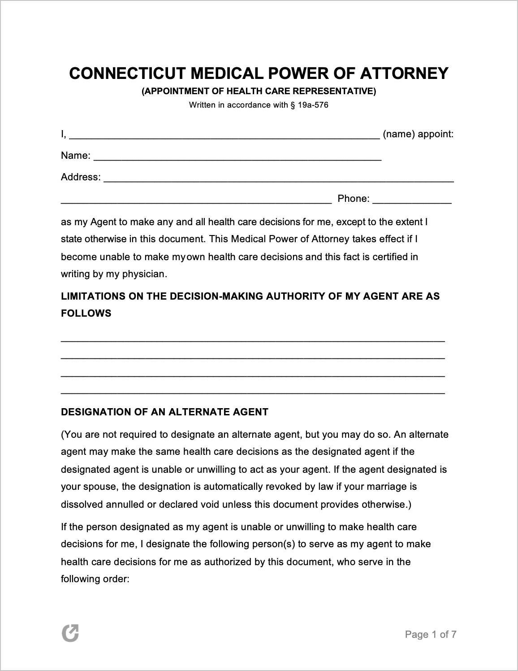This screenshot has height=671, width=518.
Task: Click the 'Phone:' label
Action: click(x=354, y=199)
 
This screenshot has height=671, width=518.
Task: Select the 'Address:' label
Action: click(x=81, y=177)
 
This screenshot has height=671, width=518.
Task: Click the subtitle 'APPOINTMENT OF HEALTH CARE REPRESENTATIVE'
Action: click(x=259, y=91)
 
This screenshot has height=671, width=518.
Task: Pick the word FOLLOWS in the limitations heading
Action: click(x=86, y=314)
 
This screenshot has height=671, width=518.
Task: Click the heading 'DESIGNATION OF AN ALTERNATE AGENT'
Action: click(x=164, y=412)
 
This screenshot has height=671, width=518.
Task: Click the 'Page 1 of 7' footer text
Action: click(x=431, y=634)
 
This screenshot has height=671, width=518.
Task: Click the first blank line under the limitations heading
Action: click(x=253, y=340)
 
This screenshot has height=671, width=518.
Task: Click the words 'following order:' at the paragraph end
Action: click(x=95, y=579)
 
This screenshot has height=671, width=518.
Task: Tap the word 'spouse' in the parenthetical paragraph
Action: click(x=101, y=487)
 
